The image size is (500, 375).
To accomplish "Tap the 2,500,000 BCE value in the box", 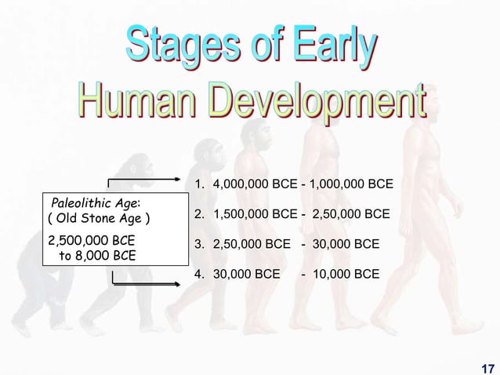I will point(91,240).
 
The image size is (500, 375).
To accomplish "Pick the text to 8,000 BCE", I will point(96,256).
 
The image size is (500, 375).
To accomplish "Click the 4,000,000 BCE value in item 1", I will point(255,185).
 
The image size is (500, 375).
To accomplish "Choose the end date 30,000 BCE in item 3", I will point(346,245).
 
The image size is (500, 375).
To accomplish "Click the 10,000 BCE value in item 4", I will point(346,275).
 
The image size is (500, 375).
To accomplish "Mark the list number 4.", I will point(198,275).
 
